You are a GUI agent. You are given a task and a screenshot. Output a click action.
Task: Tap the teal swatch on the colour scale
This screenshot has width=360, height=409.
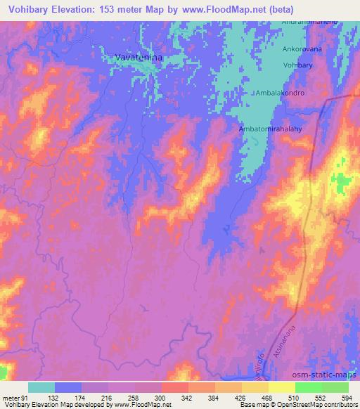pyautogui.click(x=41, y=387)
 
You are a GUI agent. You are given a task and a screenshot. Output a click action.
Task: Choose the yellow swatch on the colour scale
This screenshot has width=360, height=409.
pyautogui.click(x=281, y=387)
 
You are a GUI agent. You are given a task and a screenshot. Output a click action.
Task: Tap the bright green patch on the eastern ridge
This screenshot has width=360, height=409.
pyautogui.click(x=342, y=184)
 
